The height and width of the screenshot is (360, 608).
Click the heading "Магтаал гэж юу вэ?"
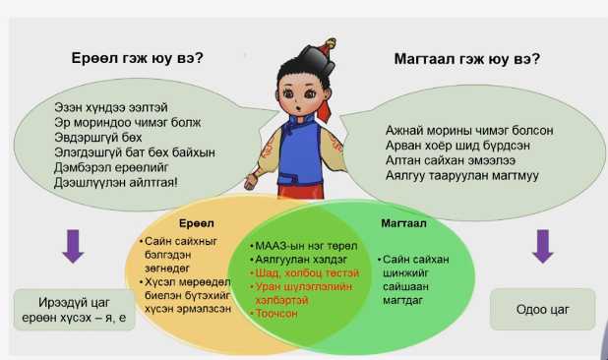click(x=460, y=58)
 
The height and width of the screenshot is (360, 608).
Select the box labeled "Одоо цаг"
click(x=542, y=309)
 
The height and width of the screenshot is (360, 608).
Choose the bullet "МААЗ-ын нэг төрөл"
click(x=295, y=245)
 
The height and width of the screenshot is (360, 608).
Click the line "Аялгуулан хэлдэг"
click(x=293, y=259)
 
